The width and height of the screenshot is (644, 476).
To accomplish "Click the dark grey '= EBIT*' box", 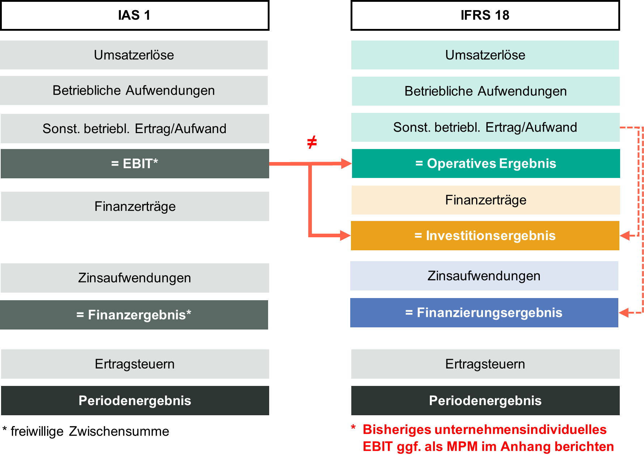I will coord(135,163).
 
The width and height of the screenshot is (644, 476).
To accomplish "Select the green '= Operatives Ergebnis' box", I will coord(486,163).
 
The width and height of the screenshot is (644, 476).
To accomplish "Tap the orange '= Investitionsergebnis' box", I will coord(485,235).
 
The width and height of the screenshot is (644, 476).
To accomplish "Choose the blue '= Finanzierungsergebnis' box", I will coord(484,313).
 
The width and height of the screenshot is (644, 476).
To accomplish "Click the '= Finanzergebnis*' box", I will coord(134,315).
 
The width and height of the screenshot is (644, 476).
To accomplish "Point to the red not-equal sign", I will coord(312,142).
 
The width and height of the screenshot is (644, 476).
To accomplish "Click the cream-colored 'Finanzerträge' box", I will coord(486,200).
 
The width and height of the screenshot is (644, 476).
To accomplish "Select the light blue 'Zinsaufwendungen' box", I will coord(484,276).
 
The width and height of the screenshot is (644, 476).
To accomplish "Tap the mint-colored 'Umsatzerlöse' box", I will coord(485,55).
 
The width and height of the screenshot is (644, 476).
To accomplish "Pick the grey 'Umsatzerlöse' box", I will coord(134,55).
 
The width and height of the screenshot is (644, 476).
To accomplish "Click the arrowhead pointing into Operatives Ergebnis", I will coord(346,163).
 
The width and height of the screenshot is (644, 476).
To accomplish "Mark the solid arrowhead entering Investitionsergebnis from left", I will coord(346,235).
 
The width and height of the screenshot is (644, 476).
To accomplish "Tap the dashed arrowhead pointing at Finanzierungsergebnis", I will coord(624,313).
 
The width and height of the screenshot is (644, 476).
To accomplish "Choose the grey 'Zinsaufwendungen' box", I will coord(135,278).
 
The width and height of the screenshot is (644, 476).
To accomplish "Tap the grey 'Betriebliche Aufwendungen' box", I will coord(134,90).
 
